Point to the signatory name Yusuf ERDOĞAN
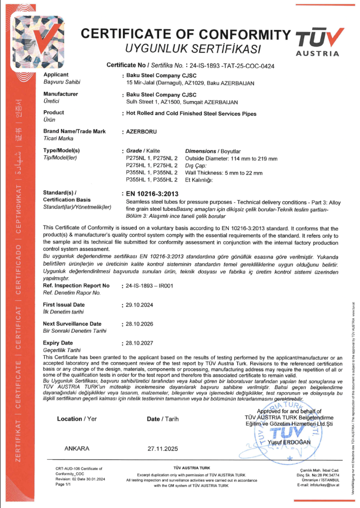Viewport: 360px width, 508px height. coord(295,441)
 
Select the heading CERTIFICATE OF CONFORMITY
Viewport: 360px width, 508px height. coord(186,35)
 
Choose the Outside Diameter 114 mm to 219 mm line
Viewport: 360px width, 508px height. coord(231,159)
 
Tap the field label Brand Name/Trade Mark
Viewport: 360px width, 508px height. coord(75,131)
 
